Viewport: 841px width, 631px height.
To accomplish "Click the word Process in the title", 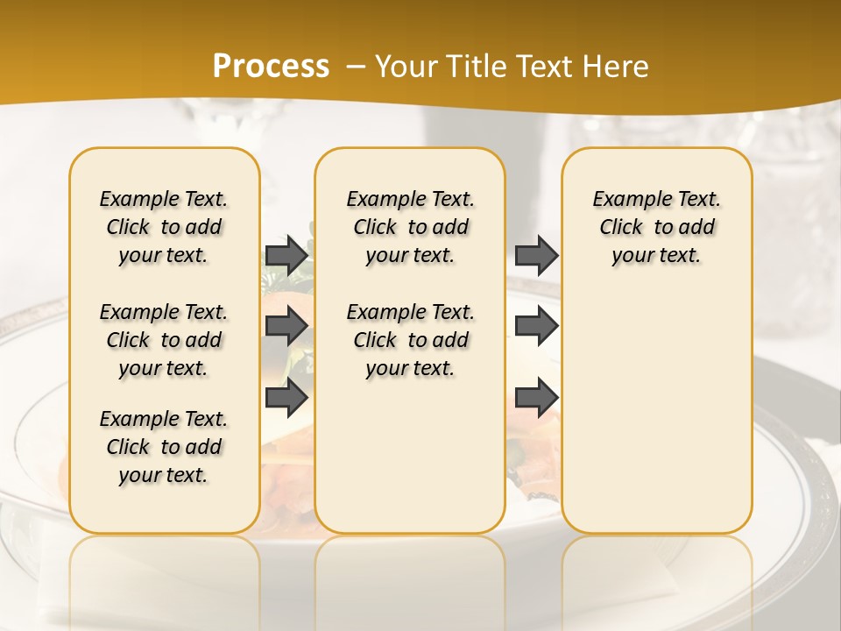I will pyautogui.click(x=271, y=67).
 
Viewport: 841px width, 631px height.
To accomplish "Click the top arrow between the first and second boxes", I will pyautogui.click(x=286, y=255).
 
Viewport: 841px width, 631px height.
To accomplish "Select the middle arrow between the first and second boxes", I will pyautogui.click(x=286, y=326).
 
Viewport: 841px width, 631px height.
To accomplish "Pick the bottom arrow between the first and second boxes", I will pyautogui.click(x=286, y=397).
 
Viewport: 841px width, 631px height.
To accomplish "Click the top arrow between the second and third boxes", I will pyautogui.click(x=536, y=255).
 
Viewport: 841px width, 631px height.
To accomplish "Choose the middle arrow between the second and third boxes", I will pyautogui.click(x=536, y=326).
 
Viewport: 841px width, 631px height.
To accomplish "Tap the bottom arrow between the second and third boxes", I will pyautogui.click(x=536, y=397).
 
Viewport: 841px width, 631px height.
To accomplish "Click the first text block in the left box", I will pyautogui.click(x=164, y=227).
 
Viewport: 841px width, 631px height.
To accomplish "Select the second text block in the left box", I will pyautogui.click(x=164, y=340).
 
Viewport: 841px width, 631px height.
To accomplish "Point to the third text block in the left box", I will pyautogui.click(x=164, y=447).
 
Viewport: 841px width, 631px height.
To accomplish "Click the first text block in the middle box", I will pyautogui.click(x=410, y=227).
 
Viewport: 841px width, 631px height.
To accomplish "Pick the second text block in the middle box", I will pyautogui.click(x=410, y=340).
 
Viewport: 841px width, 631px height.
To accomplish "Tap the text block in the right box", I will pyautogui.click(x=656, y=227).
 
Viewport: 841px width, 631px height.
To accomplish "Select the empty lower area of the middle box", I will pyautogui.click(x=410, y=456).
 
